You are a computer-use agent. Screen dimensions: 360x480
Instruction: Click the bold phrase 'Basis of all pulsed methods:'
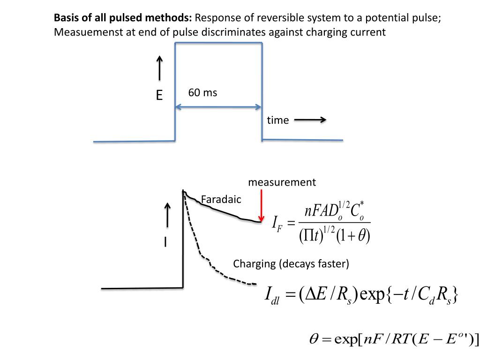[123, 18]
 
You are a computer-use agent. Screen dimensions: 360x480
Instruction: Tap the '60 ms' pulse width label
[202, 93]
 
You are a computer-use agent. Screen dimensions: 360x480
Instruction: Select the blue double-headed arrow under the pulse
[218, 107]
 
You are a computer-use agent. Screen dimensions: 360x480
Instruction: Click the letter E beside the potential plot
[159, 96]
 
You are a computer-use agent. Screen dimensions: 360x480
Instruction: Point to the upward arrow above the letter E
[159, 68]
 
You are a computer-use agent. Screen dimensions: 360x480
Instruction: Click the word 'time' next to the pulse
[277, 120]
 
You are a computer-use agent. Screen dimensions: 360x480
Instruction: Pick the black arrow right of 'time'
[310, 120]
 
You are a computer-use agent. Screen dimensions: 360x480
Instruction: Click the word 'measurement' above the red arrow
[282, 182]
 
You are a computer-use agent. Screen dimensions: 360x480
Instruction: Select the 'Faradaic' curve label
[221, 200]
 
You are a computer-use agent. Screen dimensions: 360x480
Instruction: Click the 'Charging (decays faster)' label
[291, 263]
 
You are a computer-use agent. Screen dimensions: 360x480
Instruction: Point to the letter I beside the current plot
[165, 242]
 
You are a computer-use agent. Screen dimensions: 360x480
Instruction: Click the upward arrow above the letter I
[167, 218]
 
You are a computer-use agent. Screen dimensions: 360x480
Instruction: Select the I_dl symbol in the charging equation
[272, 296]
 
